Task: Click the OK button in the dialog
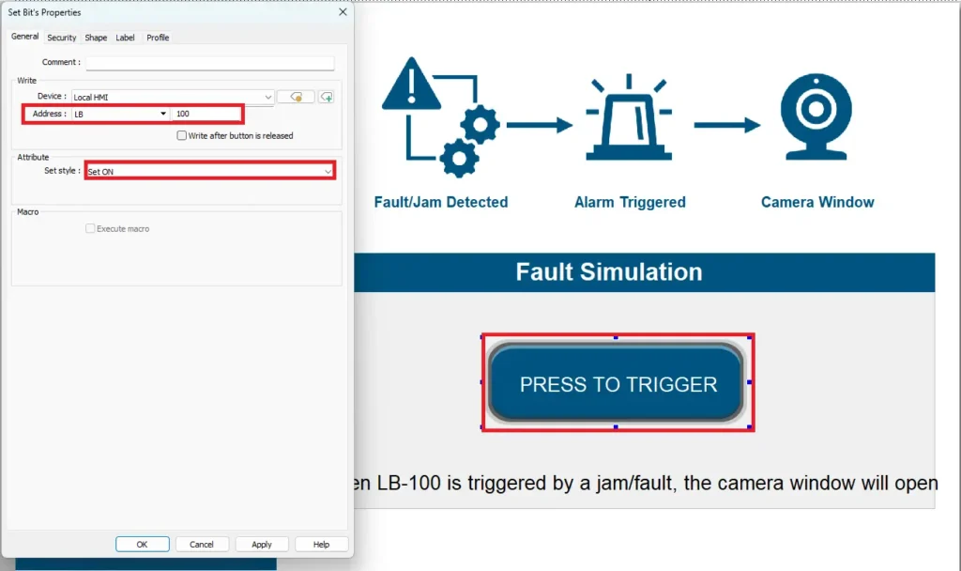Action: [142, 544]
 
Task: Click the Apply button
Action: [262, 544]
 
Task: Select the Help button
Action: [321, 544]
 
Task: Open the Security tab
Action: [62, 38]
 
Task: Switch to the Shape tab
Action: [96, 38]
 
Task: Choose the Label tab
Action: [125, 38]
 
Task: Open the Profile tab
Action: [158, 38]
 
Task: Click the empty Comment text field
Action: [209, 63]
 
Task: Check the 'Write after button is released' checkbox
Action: [182, 136]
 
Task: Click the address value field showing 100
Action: [206, 114]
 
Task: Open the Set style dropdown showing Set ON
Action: [209, 172]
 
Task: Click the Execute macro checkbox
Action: [90, 229]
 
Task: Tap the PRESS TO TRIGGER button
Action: [618, 383]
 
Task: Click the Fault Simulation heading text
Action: [609, 272]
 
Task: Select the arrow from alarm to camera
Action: [727, 125]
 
